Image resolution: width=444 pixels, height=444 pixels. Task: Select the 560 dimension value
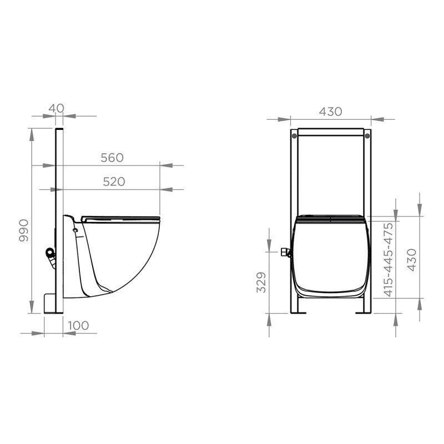(x=112, y=158)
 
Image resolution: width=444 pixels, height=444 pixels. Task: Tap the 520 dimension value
(x=113, y=181)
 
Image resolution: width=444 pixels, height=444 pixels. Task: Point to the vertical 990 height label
(x=23, y=230)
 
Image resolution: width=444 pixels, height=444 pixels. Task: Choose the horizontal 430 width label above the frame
(x=330, y=111)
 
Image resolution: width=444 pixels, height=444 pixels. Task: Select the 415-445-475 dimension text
(x=389, y=259)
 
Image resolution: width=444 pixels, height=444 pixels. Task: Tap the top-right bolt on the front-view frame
(x=366, y=134)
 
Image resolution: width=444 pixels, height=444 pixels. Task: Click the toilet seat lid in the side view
(x=119, y=218)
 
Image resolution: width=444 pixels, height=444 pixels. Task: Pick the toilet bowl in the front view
(x=331, y=255)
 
